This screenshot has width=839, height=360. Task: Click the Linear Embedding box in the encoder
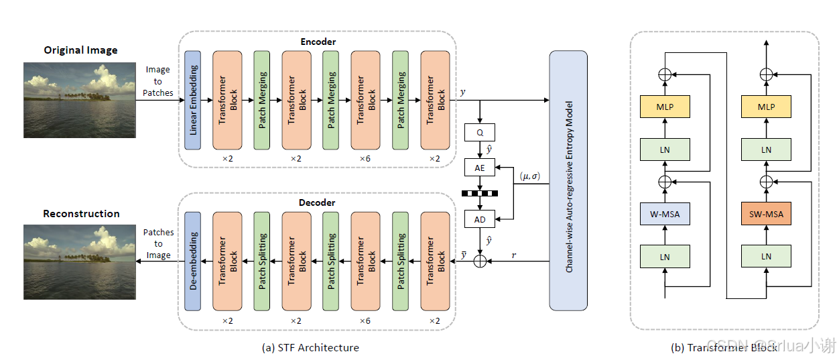pyautogui.click(x=193, y=100)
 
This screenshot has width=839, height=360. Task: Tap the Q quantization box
pyautogui.click(x=480, y=133)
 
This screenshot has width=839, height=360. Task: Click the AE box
pyautogui.click(x=480, y=168)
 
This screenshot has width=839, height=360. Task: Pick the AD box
pyautogui.click(x=480, y=219)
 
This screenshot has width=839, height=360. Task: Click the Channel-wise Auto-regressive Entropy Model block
pyautogui.click(x=568, y=180)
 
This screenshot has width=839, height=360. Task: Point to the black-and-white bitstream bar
pyautogui.click(x=480, y=194)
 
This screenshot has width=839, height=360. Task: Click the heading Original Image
pyautogui.click(x=80, y=50)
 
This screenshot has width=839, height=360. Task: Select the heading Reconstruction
pyautogui.click(x=81, y=214)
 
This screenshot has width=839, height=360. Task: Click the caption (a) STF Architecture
pyautogui.click(x=310, y=347)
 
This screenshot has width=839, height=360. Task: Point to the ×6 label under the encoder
pyautogui.click(x=365, y=158)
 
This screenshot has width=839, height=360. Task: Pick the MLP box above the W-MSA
pyautogui.click(x=664, y=107)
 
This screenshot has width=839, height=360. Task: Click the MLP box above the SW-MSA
pyautogui.click(x=767, y=107)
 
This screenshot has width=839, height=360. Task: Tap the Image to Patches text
pyautogui.click(x=158, y=81)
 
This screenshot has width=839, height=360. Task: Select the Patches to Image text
pyautogui.click(x=158, y=243)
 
